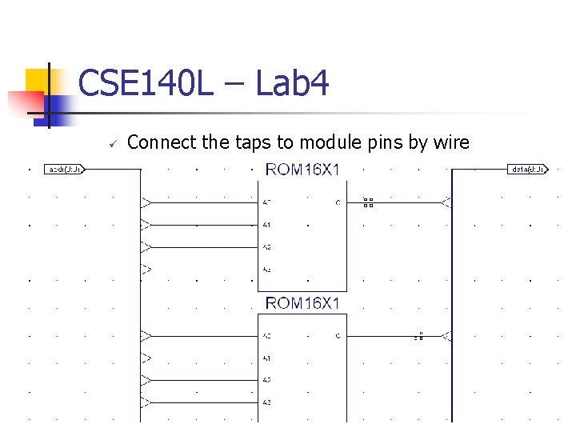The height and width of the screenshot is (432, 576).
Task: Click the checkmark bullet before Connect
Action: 113,144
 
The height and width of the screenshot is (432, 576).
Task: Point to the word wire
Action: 451,142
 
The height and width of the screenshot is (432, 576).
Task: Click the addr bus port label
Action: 64,170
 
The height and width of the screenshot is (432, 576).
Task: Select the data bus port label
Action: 527,170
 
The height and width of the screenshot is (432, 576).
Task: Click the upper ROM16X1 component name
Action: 302,170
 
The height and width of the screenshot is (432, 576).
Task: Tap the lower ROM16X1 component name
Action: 302,303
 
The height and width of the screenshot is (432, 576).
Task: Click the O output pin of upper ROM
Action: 338,203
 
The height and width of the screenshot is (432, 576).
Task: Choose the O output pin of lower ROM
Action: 338,336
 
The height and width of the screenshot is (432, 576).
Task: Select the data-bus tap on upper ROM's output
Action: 446,203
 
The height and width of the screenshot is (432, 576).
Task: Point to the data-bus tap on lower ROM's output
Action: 446,336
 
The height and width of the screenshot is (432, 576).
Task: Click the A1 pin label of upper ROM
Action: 266,226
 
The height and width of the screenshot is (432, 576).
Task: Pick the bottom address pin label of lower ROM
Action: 266,402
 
